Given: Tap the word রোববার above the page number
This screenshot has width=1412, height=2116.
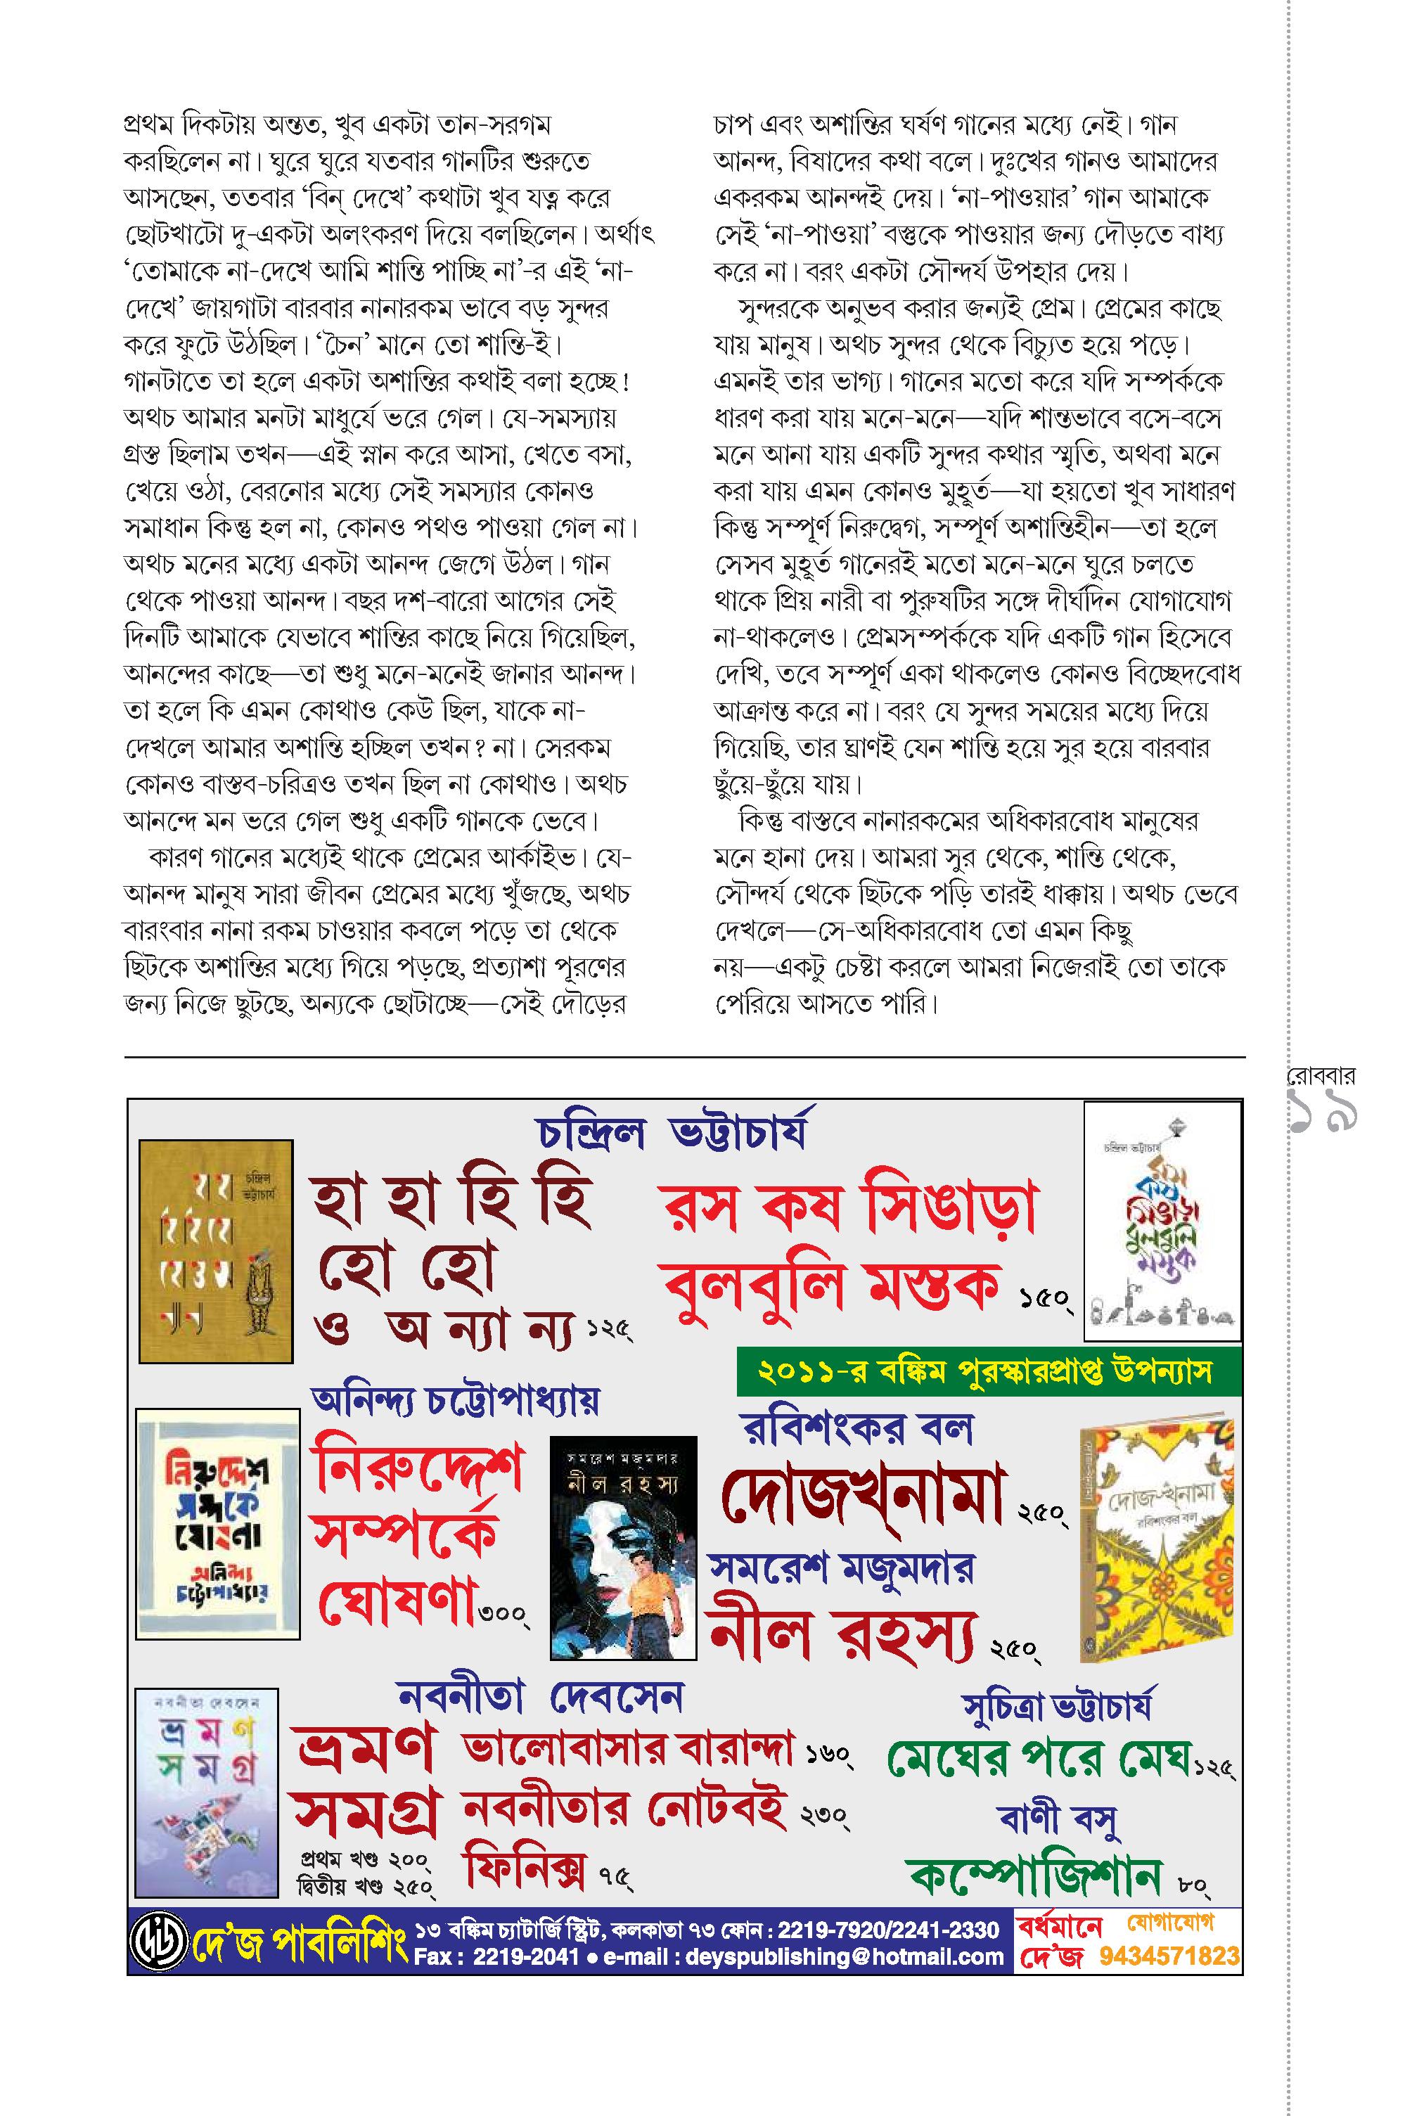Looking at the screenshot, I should pyautogui.click(x=1320, y=1075).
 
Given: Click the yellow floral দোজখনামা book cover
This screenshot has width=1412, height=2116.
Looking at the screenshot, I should pyautogui.click(x=1155, y=1541).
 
